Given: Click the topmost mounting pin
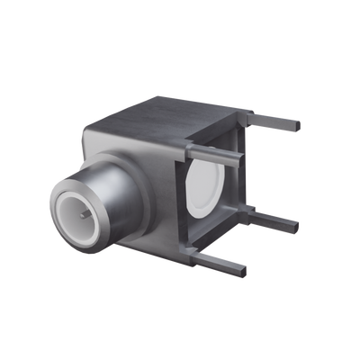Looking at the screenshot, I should pyautogui.click(x=274, y=119).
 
